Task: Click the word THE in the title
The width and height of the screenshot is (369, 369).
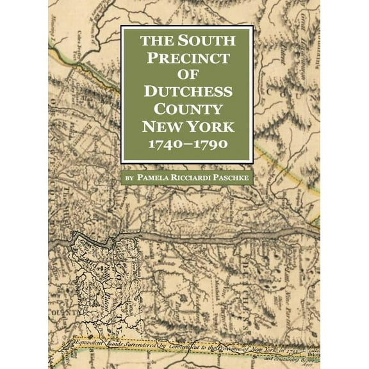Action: pyautogui.click(x=155, y=42)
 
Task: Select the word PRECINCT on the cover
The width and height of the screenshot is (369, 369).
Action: pyautogui.click(x=187, y=58)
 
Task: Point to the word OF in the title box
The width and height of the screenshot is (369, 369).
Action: pyautogui.click(x=187, y=75)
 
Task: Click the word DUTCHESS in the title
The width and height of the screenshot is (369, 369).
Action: pyautogui.click(x=187, y=92)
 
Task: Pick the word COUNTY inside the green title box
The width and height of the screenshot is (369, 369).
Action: pyautogui.click(x=187, y=109)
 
